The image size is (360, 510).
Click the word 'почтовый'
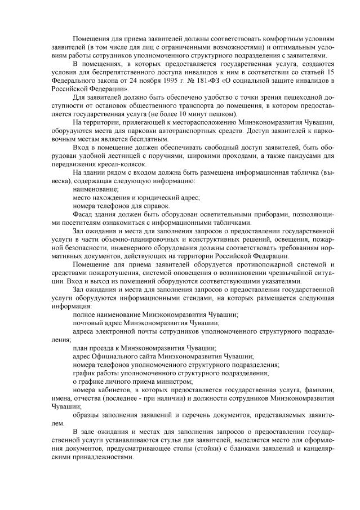pyautogui.click(x=89, y=323)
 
